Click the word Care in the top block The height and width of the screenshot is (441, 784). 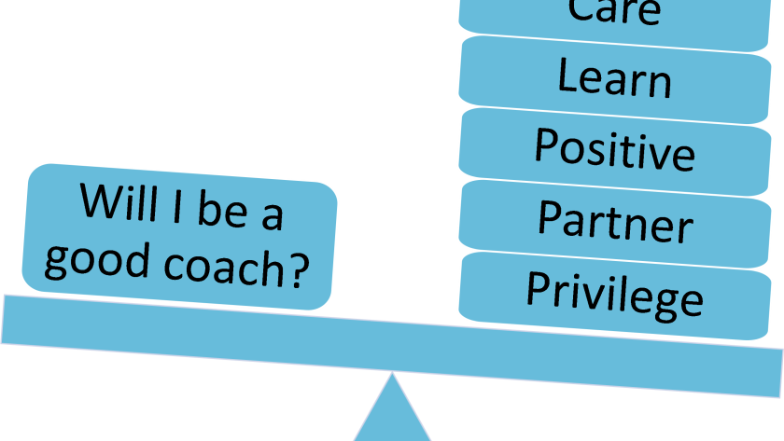coord(614,11)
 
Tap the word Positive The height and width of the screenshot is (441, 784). coord(614,149)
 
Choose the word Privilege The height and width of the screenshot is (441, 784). coord(614,293)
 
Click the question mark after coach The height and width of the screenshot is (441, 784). coord(298,271)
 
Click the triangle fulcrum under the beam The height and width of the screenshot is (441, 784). coord(392,415)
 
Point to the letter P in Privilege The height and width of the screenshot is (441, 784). coord(536,288)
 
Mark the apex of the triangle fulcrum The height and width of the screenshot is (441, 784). coord(392,374)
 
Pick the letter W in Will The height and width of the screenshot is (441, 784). coord(97,201)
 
